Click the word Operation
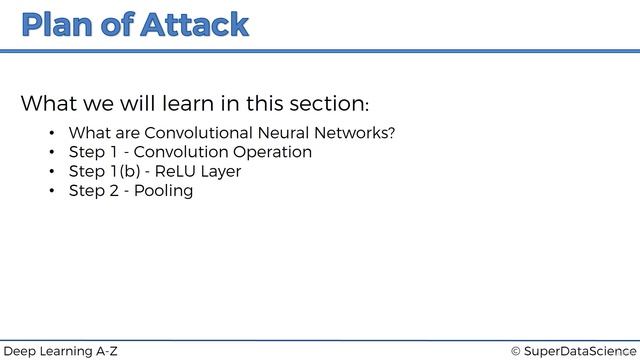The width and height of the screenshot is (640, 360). [271, 152]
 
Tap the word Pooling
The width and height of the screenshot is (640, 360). [163, 190]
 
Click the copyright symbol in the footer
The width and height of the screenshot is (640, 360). [516, 351]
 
